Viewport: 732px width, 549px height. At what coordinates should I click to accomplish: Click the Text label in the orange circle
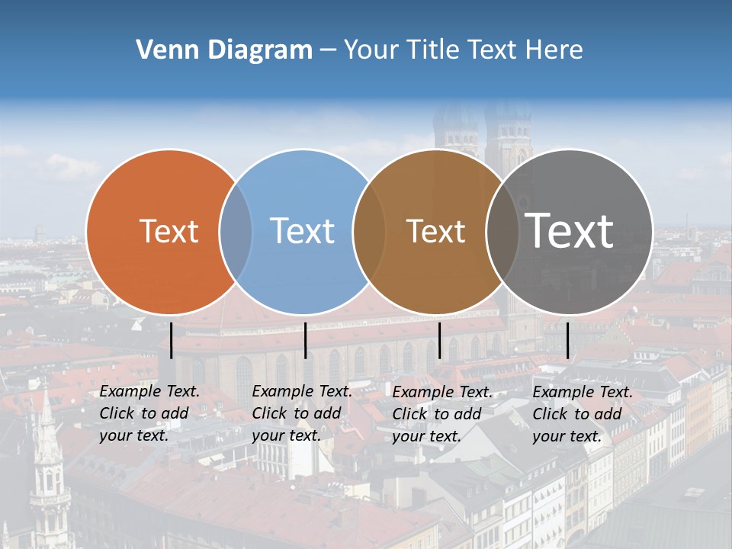tap(169, 231)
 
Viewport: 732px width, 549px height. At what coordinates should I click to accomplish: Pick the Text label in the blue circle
tap(303, 231)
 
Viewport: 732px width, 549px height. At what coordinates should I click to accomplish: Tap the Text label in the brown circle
tap(435, 231)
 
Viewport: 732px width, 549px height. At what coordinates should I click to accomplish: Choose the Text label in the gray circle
tap(570, 231)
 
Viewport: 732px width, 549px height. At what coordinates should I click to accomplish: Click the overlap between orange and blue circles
tap(236, 231)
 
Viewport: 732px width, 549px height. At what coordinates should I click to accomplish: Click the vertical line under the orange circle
tap(172, 340)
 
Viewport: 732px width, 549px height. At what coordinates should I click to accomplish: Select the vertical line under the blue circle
tap(305, 340)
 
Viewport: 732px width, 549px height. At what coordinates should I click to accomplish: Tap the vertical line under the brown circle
tap(440, 340)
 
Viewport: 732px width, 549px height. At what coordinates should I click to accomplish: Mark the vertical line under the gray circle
tap(568, 340)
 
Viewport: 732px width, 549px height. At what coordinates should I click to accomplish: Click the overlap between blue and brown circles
tap(368, 231)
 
